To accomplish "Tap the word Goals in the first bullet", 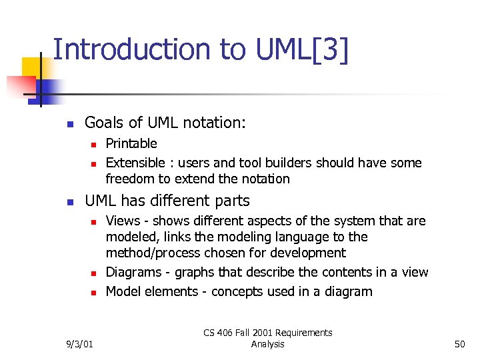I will click(103, 123).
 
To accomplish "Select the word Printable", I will click(131, 143).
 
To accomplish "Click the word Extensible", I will click(135, 163).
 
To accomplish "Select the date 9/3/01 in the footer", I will click(79, 344).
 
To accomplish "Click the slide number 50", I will click(459, 344).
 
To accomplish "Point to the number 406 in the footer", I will click(234, 333).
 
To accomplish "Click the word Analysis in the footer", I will click(267, 344).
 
